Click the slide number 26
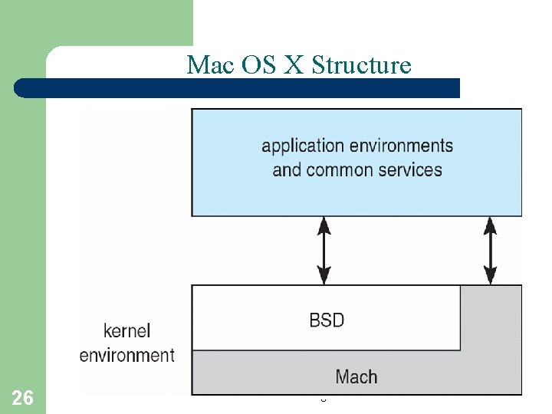tap(23, 397)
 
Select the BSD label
tap(327, 320)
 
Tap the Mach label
tap(356, 376)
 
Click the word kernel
tap(127, 331)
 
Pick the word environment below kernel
tap(127, 355)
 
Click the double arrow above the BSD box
tap(325, 250)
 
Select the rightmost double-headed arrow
tap(491, 250)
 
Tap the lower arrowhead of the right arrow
tap(491, 277)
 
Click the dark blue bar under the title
tap(238, 88)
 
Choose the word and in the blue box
tap(287, 169)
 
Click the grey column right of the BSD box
tap(491, 318)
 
